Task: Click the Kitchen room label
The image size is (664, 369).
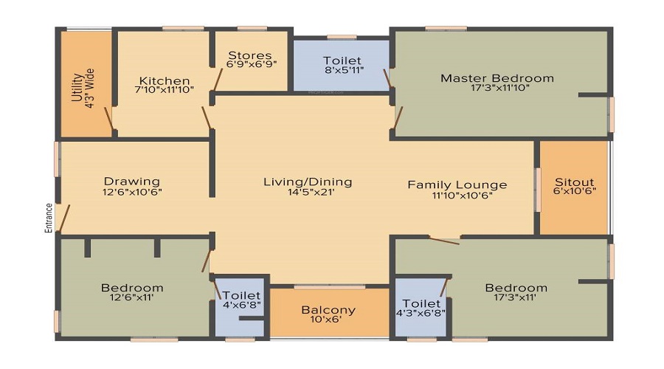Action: pos(165,80)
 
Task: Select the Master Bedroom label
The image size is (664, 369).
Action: pos(497,77)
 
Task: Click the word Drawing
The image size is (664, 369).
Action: pos(131,181)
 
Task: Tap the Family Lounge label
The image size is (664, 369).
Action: pos(457,184)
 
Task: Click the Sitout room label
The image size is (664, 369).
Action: pos(574,182)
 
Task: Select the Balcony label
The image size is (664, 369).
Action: pos(328,310)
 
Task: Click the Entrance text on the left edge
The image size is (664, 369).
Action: pos(49,218)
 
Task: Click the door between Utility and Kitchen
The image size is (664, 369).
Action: pos(109,120)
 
